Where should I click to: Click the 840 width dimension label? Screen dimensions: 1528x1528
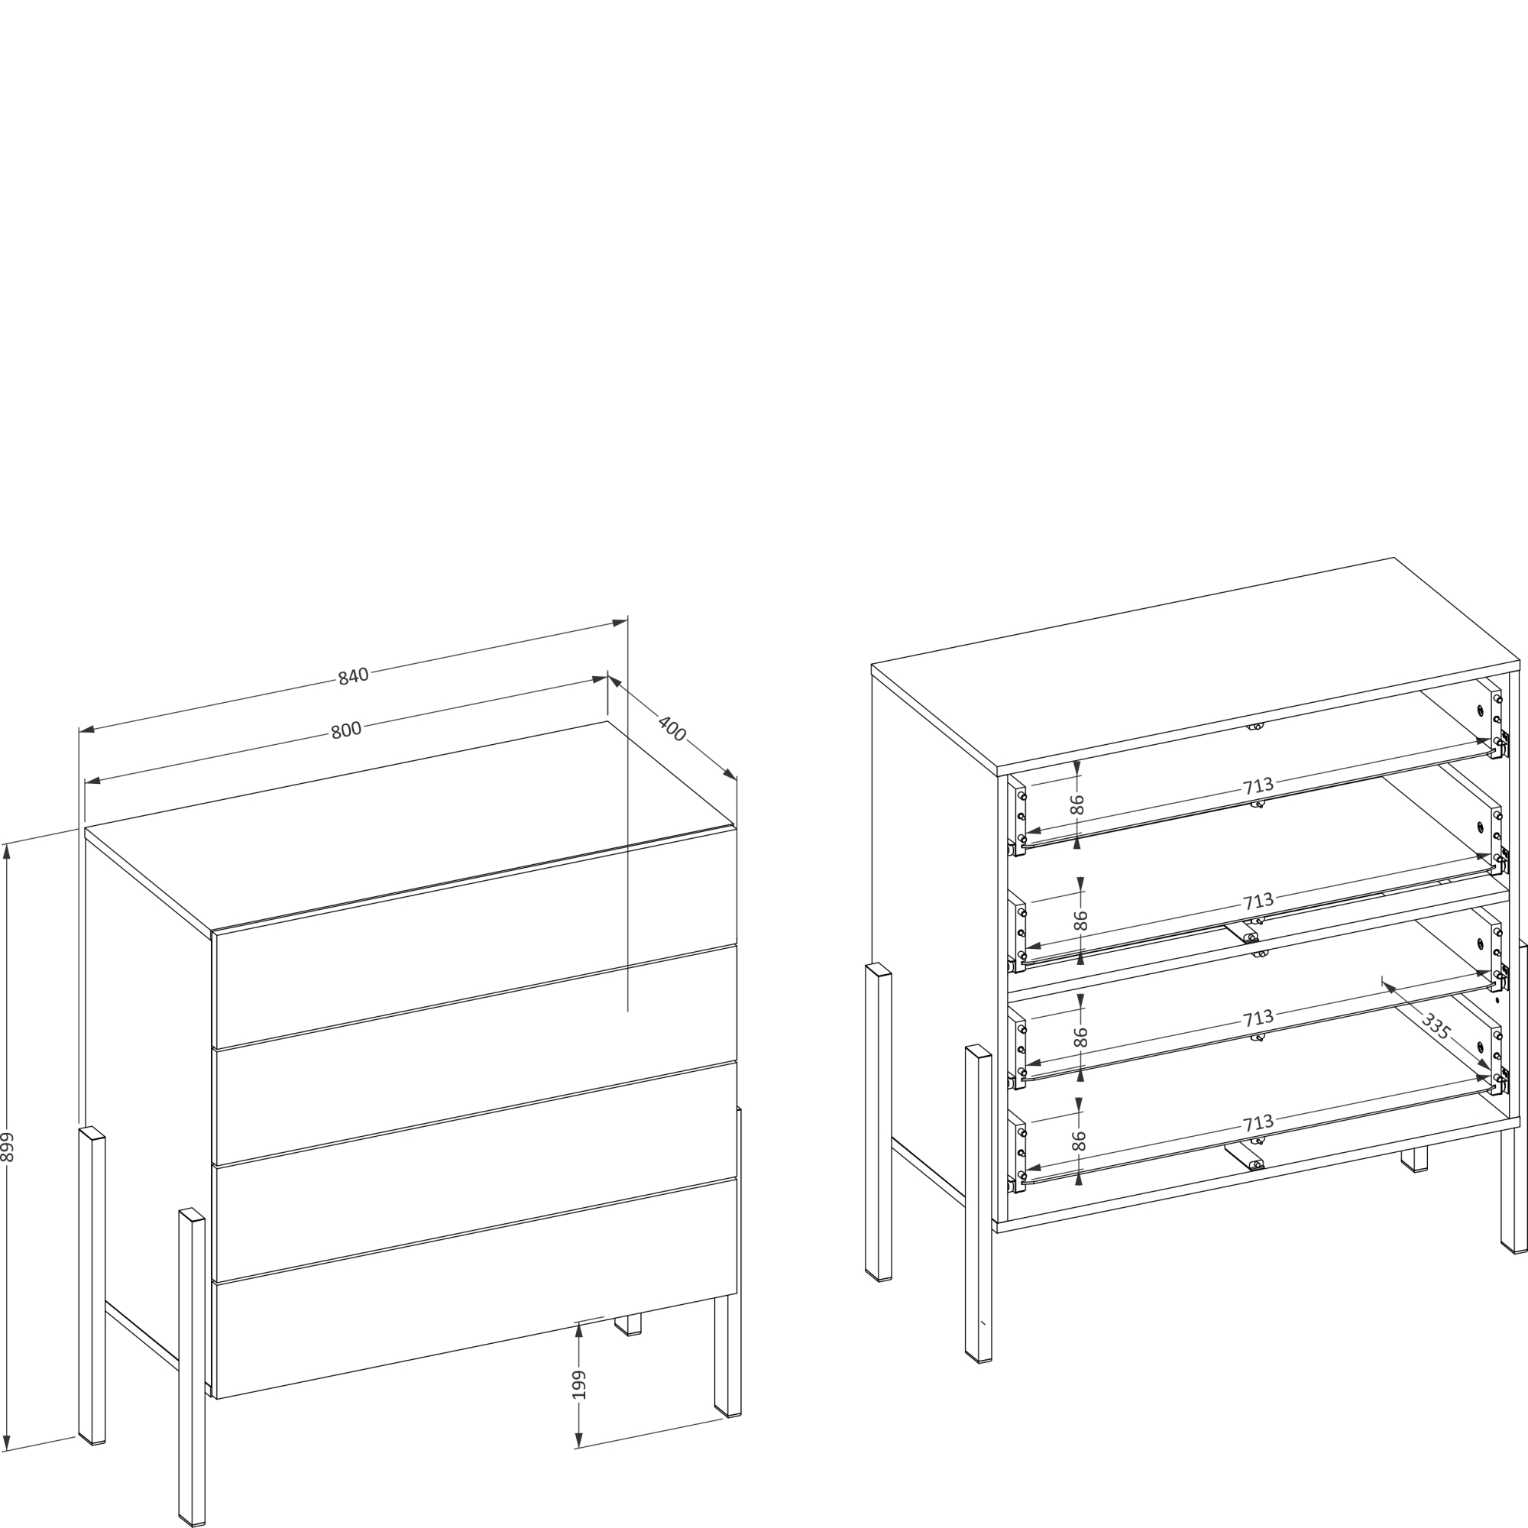(x=354, y=676)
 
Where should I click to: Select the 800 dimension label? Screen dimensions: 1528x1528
(x=345, y=730)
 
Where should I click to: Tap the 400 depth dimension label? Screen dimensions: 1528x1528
(x=672, y=728)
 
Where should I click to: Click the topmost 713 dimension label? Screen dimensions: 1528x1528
(x=1258, y=786)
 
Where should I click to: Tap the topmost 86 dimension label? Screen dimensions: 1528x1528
(x=1076, y=804)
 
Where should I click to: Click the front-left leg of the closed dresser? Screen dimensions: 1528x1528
(x=192, y=1367)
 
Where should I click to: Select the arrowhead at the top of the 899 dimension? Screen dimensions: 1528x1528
(x=6, y=851)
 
